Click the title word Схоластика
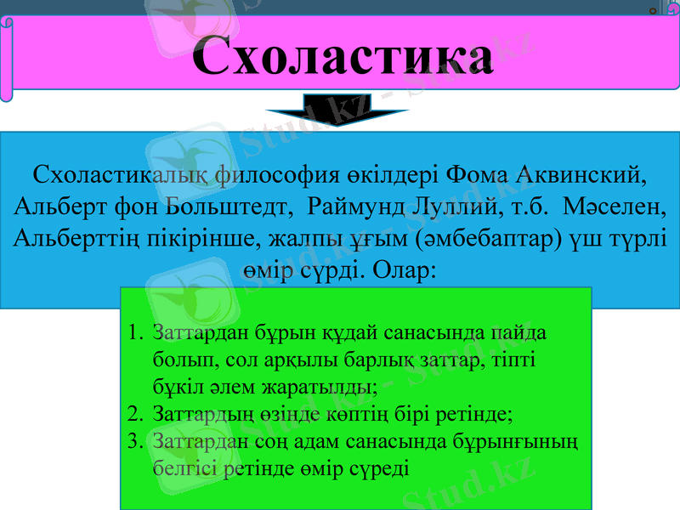[x=342, y=58]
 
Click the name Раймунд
[x=356, y=207]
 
